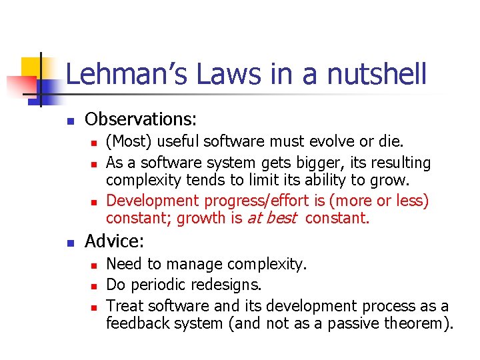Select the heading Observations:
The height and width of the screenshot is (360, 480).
[x=141, y=119]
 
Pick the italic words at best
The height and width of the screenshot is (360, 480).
[x=271, y=218]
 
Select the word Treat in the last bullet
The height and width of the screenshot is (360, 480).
[x=125, y=306]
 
